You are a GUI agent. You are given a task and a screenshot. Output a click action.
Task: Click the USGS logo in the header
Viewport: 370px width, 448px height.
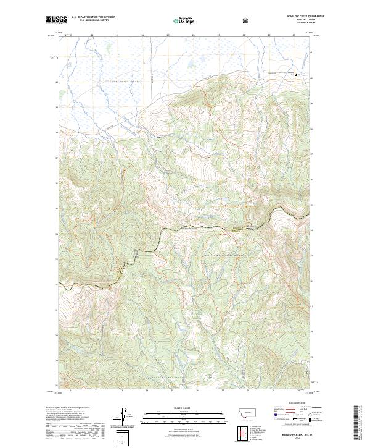pos(56,20)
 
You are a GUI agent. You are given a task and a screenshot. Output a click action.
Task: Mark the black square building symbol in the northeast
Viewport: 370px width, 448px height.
pos(295,75)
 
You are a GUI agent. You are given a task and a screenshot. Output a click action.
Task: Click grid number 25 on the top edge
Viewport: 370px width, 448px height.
pos(168,35)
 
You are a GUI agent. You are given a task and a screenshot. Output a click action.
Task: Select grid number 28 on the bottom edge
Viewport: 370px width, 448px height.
pos(247,391)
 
